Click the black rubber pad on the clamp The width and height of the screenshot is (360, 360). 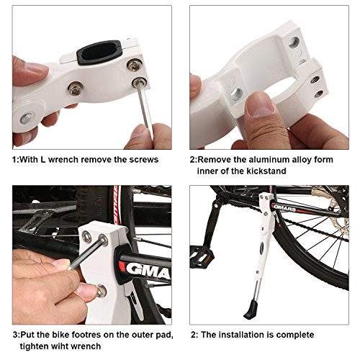coord(99,52)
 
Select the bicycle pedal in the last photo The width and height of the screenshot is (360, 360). coord(202,256)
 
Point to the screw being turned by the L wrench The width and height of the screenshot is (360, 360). coord(138,82)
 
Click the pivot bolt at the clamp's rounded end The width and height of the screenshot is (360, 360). coord(27,118)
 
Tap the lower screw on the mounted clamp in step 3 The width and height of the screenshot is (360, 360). coord(101,290)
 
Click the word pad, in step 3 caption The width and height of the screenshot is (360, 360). coord(165,336)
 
